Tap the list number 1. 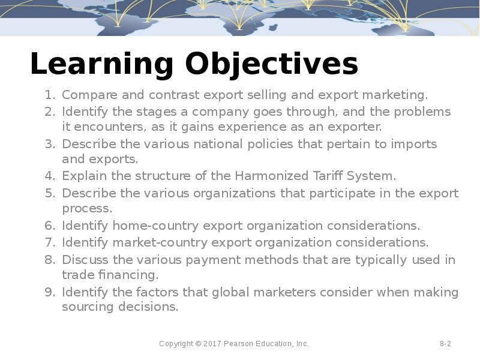click(x=50, y=95)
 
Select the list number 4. click(x=50, y=176)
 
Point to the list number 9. click(x=50, y=292)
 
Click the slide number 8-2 click(x=445, y=344)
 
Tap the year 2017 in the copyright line click(x=213, y=344)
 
